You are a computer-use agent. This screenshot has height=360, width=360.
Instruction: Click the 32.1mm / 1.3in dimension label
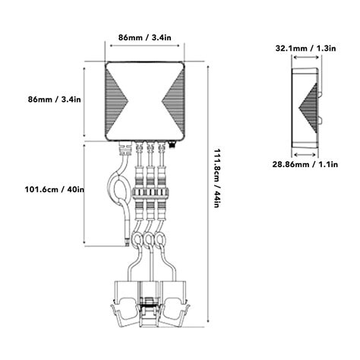pyautogui.click(x=305, y=48)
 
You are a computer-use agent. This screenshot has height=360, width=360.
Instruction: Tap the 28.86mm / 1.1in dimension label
pyautogui.click(x=305, y=164)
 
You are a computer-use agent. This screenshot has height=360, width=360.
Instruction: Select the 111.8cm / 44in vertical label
pyautogui.click(x=216, y=178)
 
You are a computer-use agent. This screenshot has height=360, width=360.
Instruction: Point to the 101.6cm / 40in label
pyautogui.click(x=54, y=189)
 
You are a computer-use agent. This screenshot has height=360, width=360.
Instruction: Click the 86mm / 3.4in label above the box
pyautogui.click(x=145, y=37)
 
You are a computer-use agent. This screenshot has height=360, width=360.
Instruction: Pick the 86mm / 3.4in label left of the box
pyautogui.click(x=55, y=99)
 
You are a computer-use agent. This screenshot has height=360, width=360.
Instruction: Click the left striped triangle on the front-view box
pyautogui.click(x=116, y=101)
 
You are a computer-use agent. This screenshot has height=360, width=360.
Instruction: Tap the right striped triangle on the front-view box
pyautogui.click(x=173, y=101)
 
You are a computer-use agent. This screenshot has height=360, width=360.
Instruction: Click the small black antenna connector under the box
pyautogui.click(x=172, y=145)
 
